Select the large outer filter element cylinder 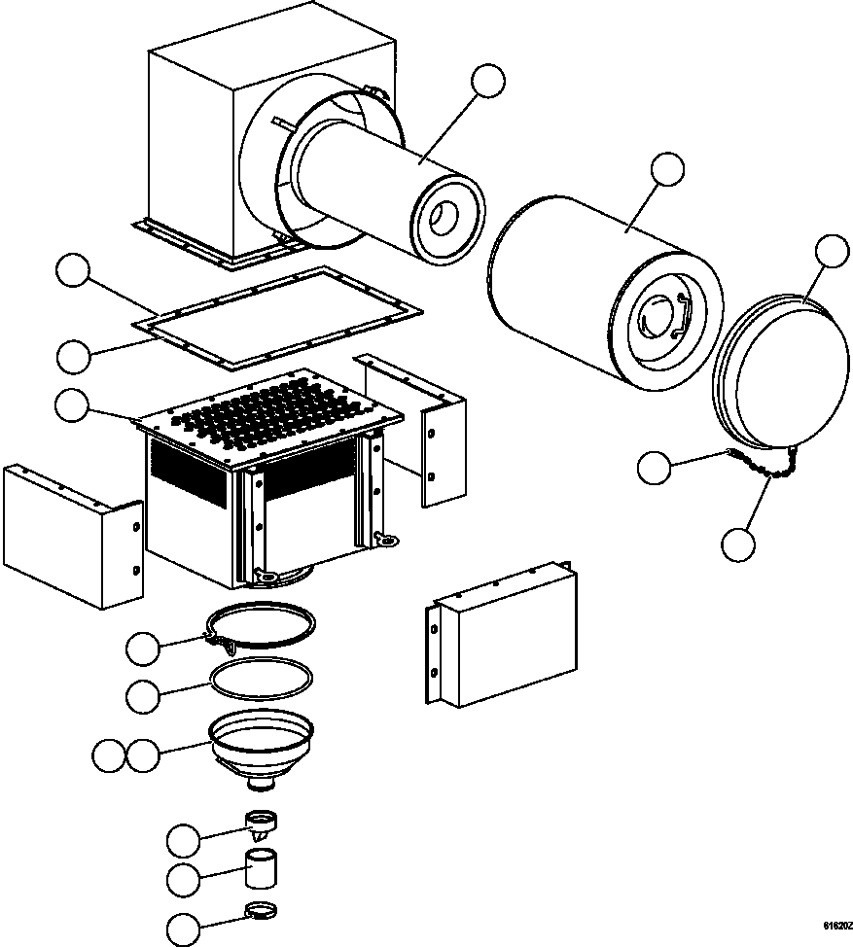pyautogui.click(x=603, y=292)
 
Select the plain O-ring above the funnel pyautogui.click(x=264, y=677)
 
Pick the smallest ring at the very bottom pyautogui.click(x=260, y=911)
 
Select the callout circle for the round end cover pyautogui.click(x=832, y=251)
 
